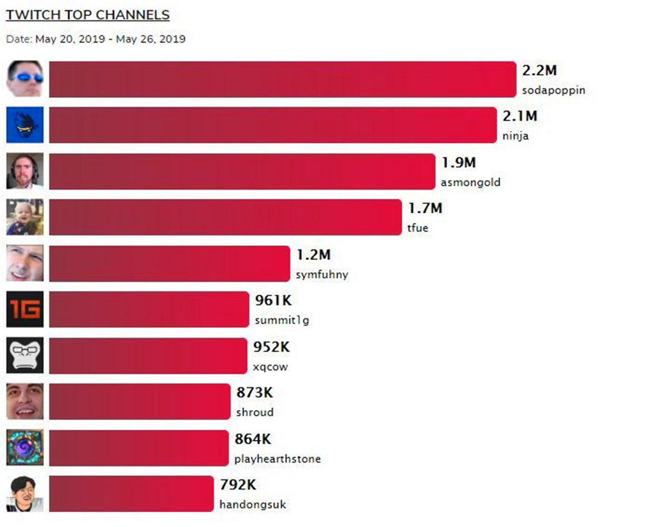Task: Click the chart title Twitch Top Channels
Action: pos(88,15)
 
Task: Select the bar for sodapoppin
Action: pos(282,79)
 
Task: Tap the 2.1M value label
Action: pos(520,116)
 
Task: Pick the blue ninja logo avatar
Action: pos(25,125)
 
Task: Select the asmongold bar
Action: pos(242,172)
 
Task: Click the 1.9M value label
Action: pos(458,162)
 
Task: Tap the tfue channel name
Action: pos(418,228)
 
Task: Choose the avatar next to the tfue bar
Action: pos(25,217)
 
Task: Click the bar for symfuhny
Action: pos(170,263)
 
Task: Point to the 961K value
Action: pos(273,300)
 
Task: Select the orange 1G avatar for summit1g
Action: pos(25,309)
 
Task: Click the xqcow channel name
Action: pos(270,367)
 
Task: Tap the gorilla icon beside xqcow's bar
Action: pos(25,355)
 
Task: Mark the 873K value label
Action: pos(255,393)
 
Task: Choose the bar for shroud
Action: pos(139,401)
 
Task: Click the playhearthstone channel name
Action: pos(277,459)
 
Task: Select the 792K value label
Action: pos(238,485)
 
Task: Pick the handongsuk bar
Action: pos(131,493)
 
